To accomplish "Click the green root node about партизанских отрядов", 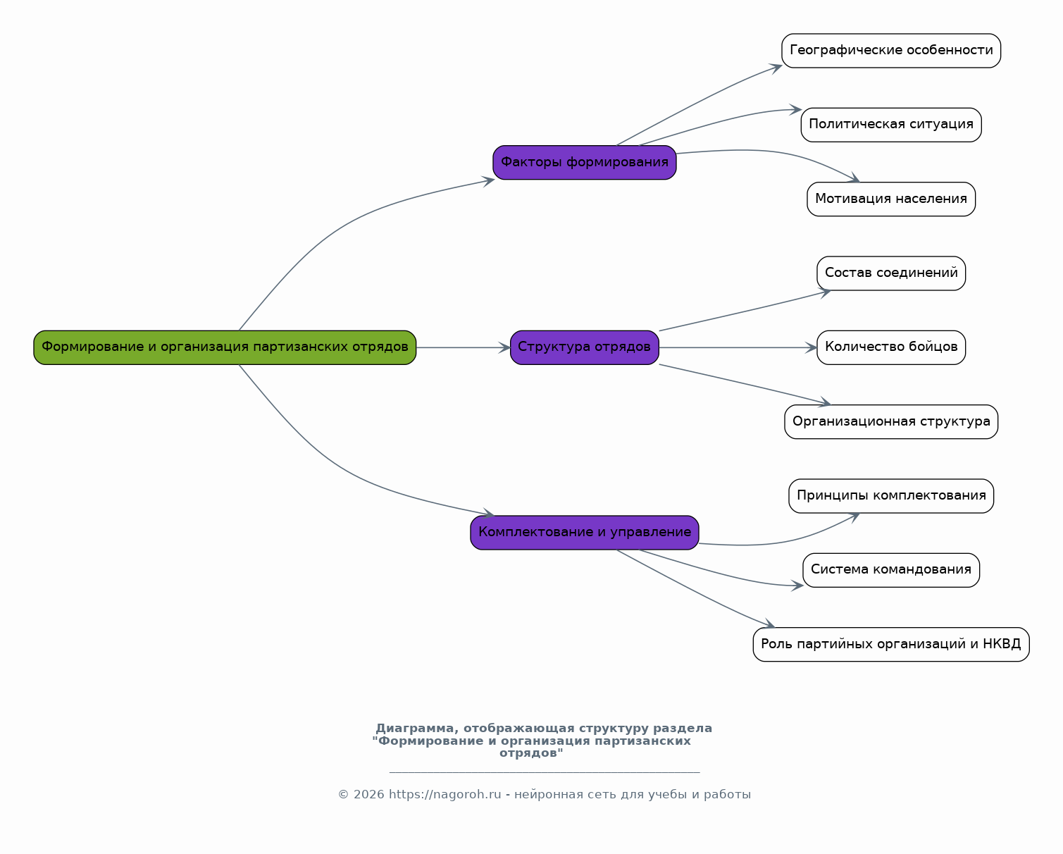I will (225, 347).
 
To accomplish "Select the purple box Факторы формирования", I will (584, 163).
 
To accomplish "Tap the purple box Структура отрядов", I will (584, 347).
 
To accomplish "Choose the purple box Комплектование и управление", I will (584, 533).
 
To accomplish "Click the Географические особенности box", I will (890, 51).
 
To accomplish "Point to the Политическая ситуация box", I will (890, 125).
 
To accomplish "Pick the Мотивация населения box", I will (890, 199).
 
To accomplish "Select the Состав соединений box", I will (890, 273).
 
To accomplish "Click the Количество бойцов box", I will (890, 347).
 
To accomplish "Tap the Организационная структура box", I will (890, 422).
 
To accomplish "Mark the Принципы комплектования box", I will (890, 496).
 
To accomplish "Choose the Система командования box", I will (890, 570).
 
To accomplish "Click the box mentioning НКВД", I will (890, 645).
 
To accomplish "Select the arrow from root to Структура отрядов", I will (461, 347).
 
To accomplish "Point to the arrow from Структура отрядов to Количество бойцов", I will (736, 347).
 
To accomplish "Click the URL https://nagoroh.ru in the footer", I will (445, 795).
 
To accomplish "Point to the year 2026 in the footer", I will (369, 795).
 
